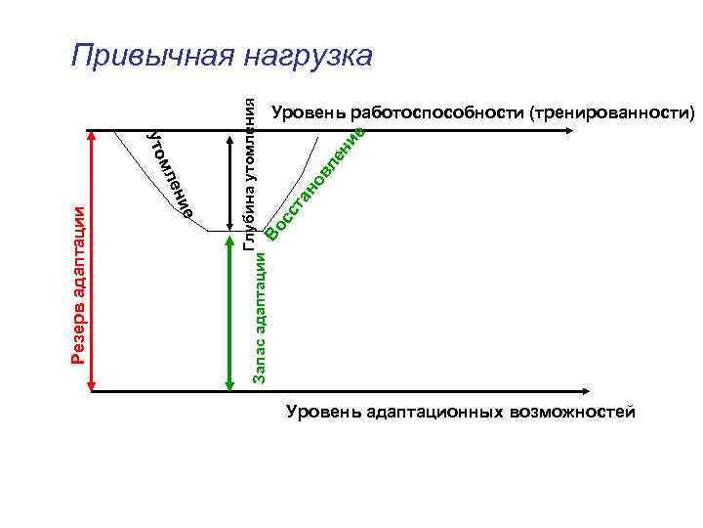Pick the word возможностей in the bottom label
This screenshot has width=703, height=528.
click(572, 412)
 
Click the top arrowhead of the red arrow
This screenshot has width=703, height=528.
click(92, 137)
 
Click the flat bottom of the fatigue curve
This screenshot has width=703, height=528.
click(224, 231)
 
